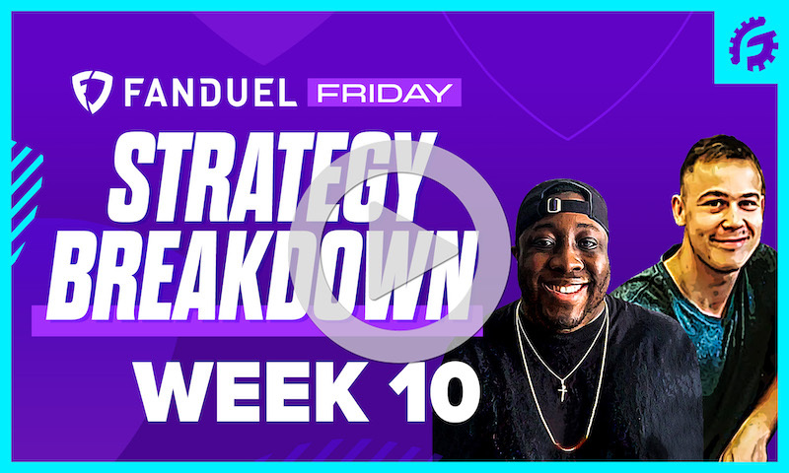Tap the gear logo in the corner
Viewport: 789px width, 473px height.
click(x=753, y=44)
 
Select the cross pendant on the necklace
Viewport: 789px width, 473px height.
click(x=562, y=391)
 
